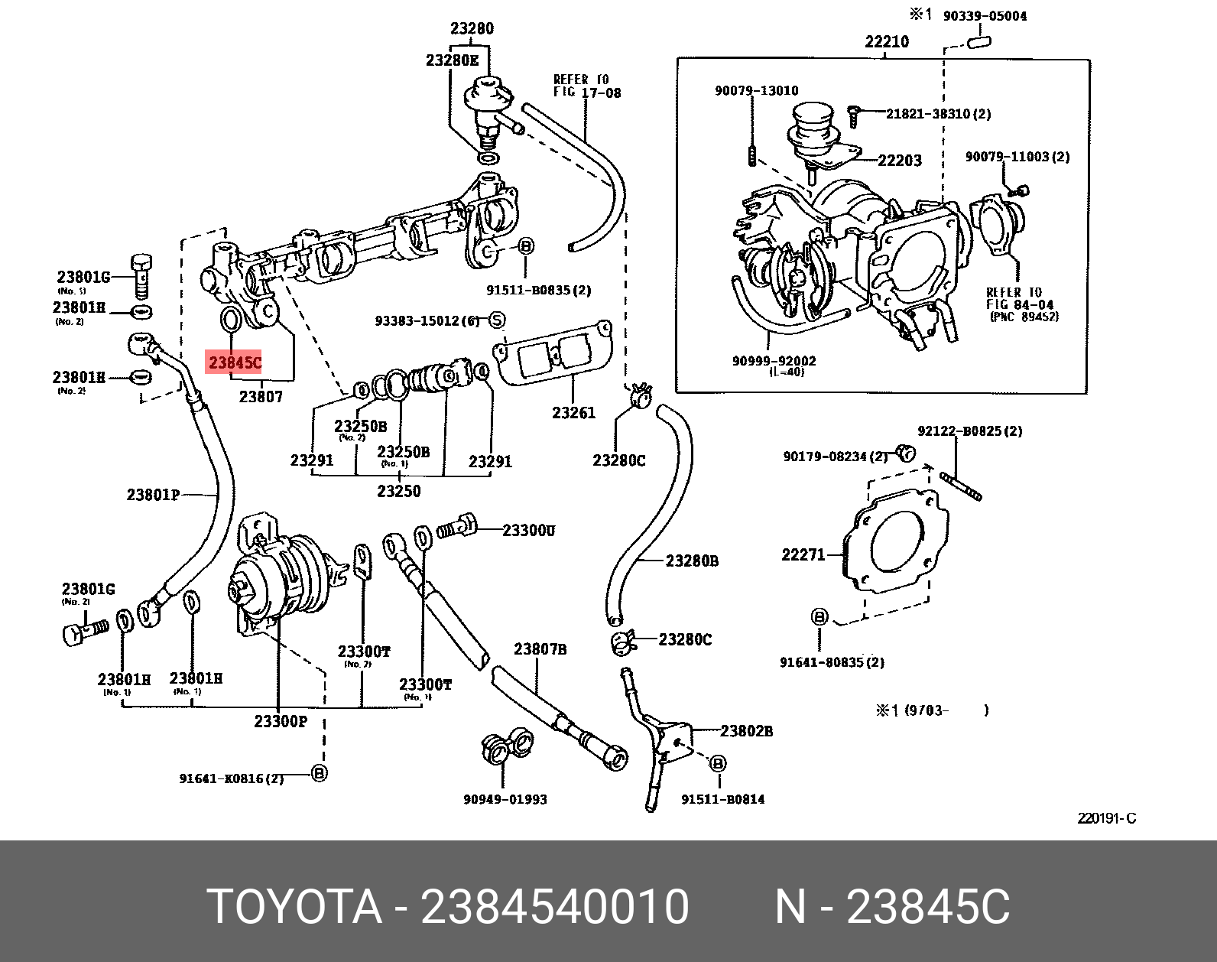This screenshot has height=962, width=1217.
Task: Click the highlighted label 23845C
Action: coord(235,362)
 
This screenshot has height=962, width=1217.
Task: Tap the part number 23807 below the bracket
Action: coord(261,396)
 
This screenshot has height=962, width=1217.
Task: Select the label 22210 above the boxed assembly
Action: coord(887,41)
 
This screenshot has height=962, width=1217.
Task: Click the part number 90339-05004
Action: coord(985,16)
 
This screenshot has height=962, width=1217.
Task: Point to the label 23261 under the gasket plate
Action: coord(573,413)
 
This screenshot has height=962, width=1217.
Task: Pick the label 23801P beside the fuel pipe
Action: coord(153,495)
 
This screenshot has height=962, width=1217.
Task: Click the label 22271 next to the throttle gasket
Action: coord(803,554)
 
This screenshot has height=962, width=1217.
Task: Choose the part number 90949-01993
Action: coord(505,799)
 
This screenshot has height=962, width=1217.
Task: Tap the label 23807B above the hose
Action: coord(540,649)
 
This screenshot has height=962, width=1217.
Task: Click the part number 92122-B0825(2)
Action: coord(969,431)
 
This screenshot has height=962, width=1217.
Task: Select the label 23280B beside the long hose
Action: coord(692,561)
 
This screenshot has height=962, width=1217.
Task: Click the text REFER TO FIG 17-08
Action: coord(586,86)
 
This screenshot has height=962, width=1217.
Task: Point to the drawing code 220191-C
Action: coord(1106,818)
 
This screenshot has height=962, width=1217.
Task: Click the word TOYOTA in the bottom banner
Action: coord(294,907)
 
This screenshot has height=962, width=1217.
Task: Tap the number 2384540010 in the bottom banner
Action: coord(555,907)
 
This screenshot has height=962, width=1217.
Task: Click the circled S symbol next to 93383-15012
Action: coord(497,320)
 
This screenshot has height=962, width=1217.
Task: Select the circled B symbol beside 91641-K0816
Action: coord(320,773)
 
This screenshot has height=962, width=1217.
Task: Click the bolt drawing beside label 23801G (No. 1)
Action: coord(142,275)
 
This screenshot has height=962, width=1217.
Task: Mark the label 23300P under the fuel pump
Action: coord(280,721)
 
